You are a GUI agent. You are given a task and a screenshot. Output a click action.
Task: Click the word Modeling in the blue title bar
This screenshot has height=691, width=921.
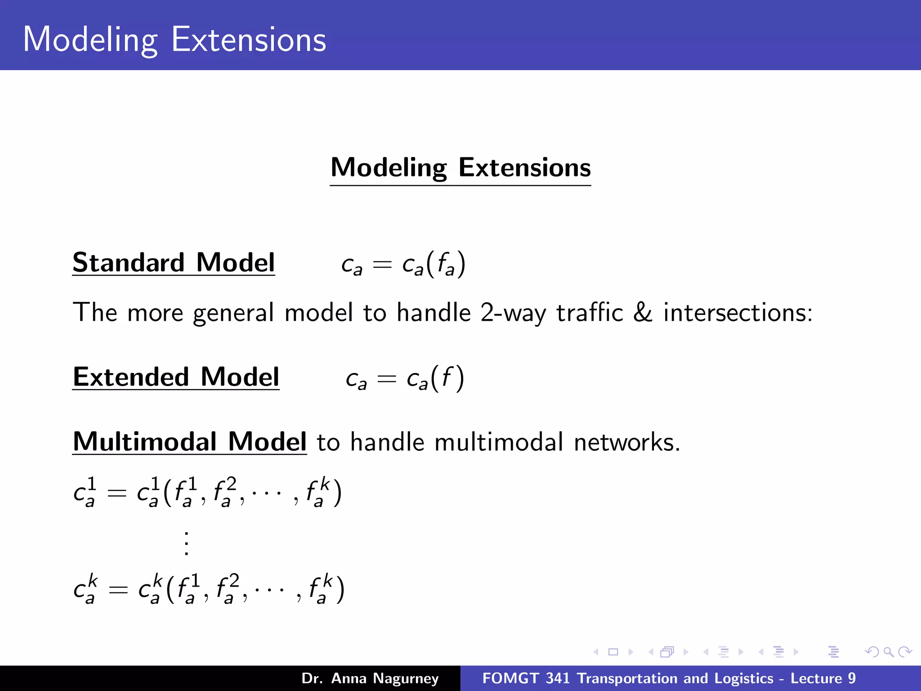click(90, 40)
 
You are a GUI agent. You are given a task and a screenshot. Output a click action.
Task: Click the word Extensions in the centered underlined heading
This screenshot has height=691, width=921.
click(524, 168)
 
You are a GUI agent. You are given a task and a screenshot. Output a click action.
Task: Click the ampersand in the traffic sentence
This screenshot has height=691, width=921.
click(642, 312)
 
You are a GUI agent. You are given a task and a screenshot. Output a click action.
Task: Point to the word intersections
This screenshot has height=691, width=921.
click(738, 312)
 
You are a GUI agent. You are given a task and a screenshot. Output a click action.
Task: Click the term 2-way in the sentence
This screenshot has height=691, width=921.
click(513, 313)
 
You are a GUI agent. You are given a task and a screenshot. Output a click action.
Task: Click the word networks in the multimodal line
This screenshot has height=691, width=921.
click(627, 442)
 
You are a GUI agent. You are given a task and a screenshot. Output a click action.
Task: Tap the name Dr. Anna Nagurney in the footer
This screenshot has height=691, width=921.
click(370, 678)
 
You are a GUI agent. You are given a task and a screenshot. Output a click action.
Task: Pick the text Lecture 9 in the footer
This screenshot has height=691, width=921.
click(823, 678)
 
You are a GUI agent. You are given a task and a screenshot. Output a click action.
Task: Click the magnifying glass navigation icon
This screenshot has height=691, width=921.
click(888, 652)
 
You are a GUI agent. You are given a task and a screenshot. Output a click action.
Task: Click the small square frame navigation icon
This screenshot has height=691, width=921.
click(613, 652)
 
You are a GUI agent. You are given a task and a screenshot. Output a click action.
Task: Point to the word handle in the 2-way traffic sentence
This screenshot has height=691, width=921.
click(434, 312)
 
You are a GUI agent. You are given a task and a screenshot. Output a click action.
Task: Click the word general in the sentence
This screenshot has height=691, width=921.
click(233, 313)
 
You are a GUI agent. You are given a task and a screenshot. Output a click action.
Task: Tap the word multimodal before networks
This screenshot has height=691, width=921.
click(498, 442)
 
